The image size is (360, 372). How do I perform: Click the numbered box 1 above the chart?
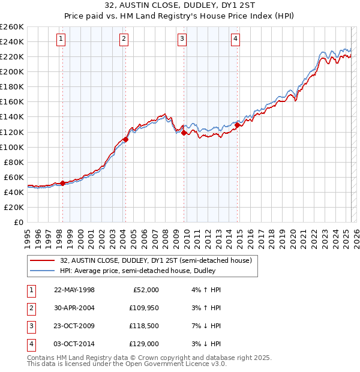click(62, 40)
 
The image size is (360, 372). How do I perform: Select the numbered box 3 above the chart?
click(182, 40)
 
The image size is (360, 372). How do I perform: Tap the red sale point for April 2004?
click(125, 139)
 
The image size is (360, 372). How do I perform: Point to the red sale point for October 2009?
click(184, 133)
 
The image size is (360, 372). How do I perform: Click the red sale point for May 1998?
click(62, 183)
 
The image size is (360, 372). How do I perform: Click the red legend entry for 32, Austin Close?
click(159, 260)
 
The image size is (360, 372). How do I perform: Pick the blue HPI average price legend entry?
click(137, 271)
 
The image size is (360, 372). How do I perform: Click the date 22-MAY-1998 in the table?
click(74, 290)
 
